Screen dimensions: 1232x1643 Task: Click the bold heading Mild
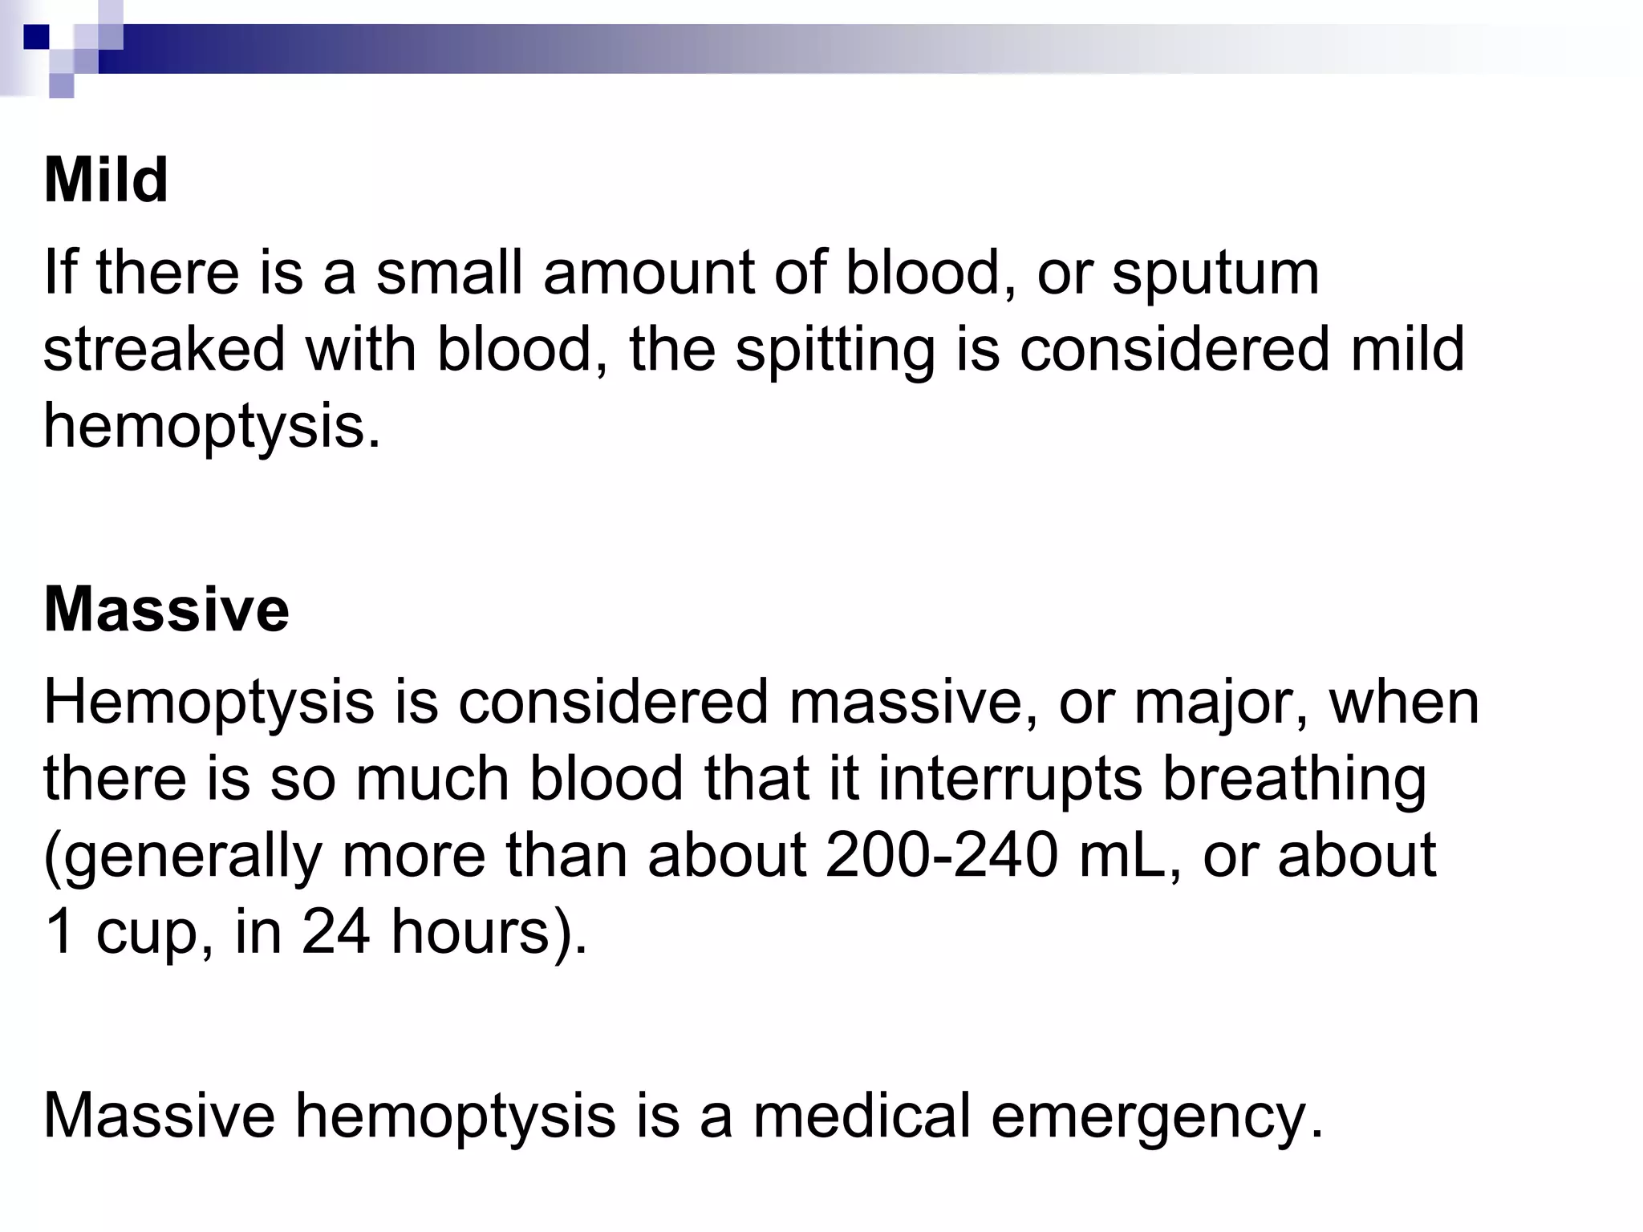pos(106,180)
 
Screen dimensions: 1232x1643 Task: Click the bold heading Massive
pos(166,610)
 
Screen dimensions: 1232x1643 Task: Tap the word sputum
pos(1215,275)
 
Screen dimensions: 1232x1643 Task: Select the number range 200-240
pos(941,856)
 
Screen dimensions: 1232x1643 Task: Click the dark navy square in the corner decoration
pos(36,36)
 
